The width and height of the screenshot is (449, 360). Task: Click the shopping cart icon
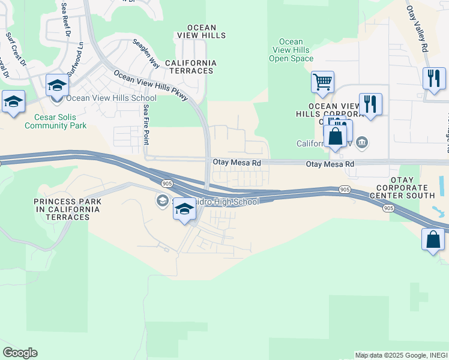click(322, 82)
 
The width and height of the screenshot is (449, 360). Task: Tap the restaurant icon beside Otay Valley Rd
click(433, 79)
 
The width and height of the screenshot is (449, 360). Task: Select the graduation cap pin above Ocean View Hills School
click(57, 85)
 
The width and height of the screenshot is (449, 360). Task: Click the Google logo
click(20, 353)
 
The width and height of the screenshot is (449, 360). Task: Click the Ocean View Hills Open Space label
click(291, 50)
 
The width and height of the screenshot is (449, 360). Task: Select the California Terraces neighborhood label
click(190, 67)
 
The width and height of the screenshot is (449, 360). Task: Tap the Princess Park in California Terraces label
click(67, 209)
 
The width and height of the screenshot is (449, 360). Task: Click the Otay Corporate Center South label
click(403, 188)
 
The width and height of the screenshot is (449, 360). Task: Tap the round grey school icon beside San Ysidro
click(162, 200)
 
